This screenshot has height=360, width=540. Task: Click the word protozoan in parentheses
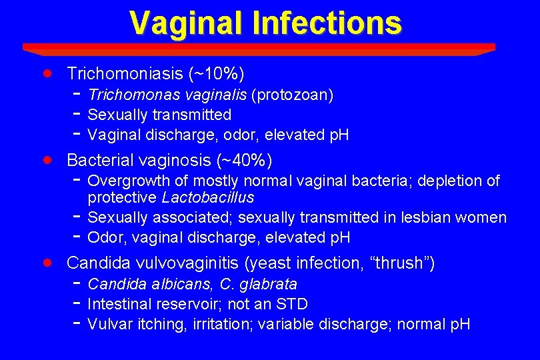coord(292,95)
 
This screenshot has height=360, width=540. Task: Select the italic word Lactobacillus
coord(208,198)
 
